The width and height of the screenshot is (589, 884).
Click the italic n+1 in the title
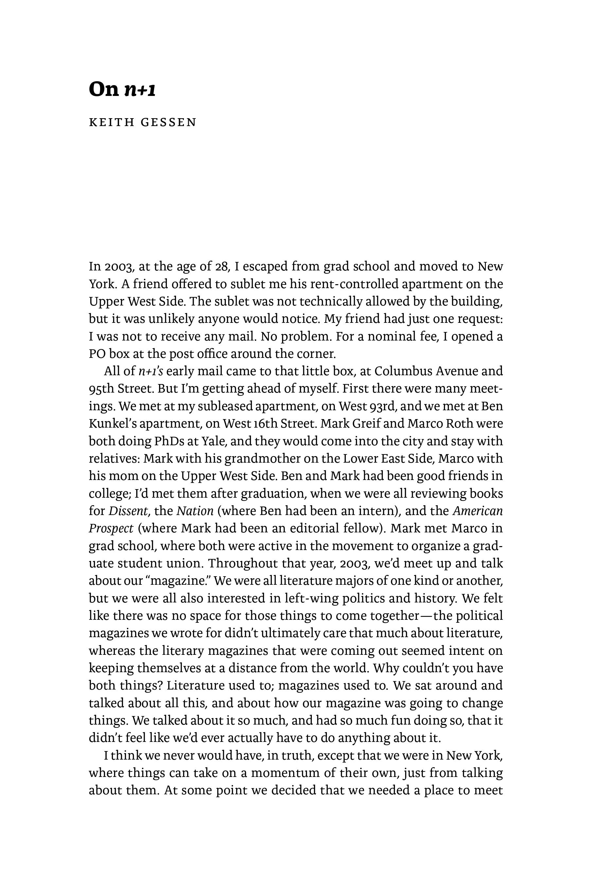click(x=140, y=89)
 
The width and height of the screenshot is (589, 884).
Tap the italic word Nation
click(x=195, y=511)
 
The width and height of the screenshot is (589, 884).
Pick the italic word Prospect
click(x=111, y=529)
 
